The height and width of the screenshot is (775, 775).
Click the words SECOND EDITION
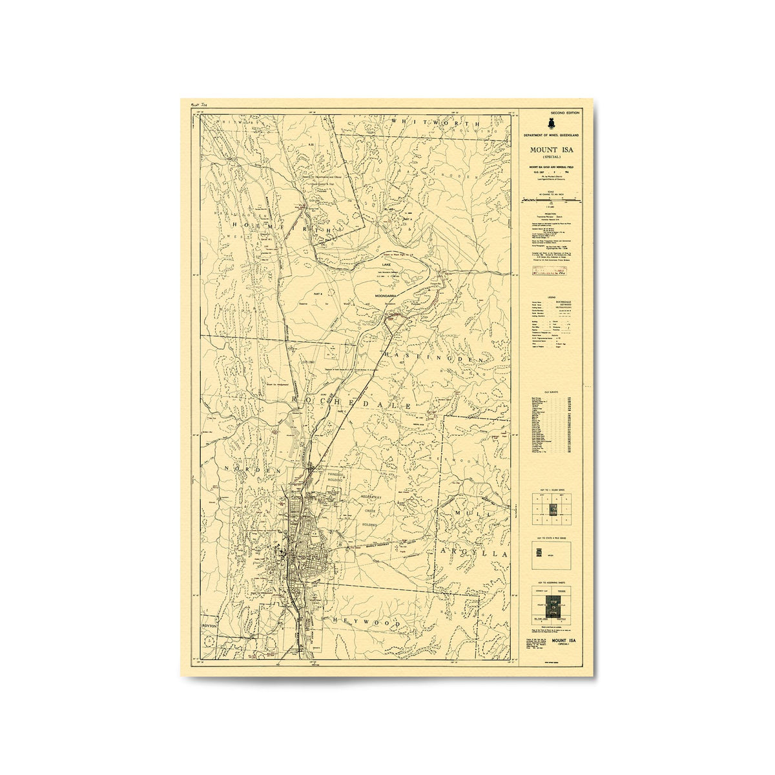tap(565, 113)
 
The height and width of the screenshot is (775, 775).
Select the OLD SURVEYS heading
tap(551, 389)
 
